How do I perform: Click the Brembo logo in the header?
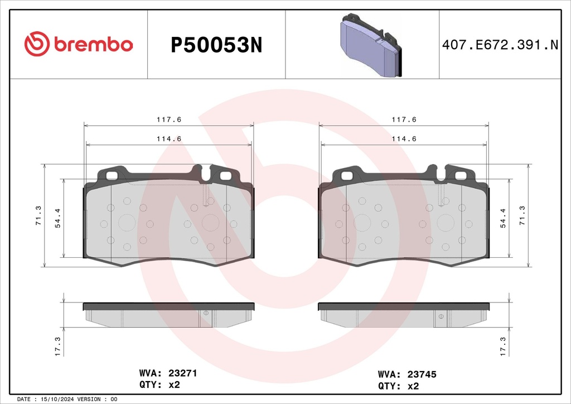click(x=79, y=44)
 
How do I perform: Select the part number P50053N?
click(x=216, y=45)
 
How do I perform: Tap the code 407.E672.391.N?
click(x=500, y=45)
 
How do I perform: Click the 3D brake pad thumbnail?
click(x=371, y=45)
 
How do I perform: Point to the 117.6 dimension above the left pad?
click(x=169, y=119)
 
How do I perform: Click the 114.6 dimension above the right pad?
click(x=404, y=139)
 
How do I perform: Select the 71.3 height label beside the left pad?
click(x=38, y=215)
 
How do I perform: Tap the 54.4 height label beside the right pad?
click(x=503, y=218)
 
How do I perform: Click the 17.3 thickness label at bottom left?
click(x=57, y=347)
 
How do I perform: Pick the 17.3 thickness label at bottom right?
click(x=503, y=347)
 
